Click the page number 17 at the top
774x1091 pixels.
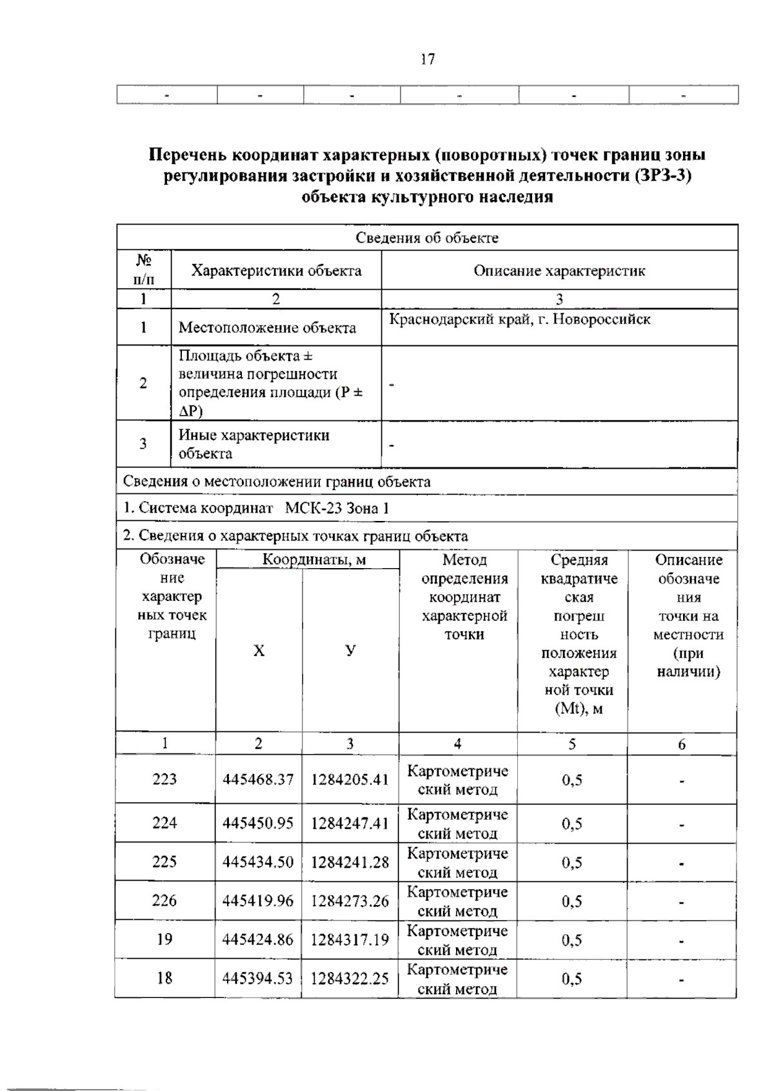pos(428,59)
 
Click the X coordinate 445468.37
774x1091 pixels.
pos(258,779)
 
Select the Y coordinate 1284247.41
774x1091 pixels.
pos(350,823)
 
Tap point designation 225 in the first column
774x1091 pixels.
pos(164,862)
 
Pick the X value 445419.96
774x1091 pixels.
pos(258,901)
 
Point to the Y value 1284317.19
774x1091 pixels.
pos(350,939)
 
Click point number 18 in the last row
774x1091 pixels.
pos(164,978)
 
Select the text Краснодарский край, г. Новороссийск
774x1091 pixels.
pos(520,319)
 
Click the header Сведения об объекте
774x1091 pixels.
pos(427,238)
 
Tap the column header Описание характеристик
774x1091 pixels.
pos(559,270)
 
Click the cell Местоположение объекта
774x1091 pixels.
pos(267,328)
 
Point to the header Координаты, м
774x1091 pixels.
pos(313,560)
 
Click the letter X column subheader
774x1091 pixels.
pos(259,651)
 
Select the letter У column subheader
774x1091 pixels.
pos(350,651)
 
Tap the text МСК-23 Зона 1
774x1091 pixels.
pos(337,508)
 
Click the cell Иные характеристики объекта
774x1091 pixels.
pos(254,444)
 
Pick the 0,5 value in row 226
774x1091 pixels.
pos(572,901)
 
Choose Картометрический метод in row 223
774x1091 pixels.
pos(457,780)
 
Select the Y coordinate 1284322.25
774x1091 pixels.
pos(350,979)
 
